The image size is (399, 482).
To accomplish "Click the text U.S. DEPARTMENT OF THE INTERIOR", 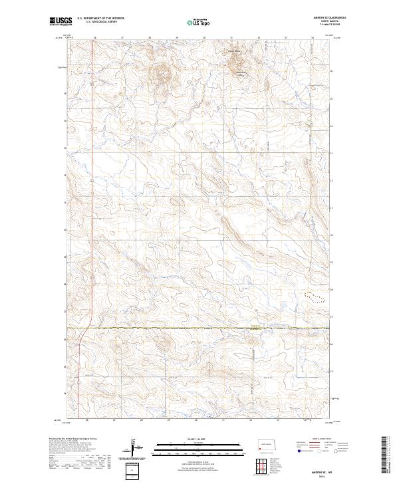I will coord(100,19).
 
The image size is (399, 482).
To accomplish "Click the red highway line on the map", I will coord(80,359).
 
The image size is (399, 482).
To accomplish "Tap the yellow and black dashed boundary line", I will coord(199,328).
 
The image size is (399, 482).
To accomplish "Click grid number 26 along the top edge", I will coord(96,38).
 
